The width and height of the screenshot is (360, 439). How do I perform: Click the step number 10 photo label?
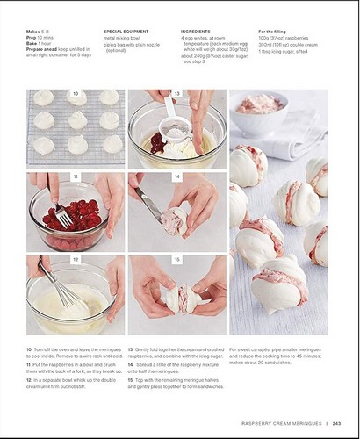pos(76,94)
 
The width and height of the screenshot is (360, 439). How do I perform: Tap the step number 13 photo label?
pos(176,94)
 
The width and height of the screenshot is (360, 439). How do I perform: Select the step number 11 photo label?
pos(76,176)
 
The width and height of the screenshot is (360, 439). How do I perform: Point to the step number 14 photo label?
pos(176,176)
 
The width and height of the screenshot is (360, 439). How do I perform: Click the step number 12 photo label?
pos(76,260)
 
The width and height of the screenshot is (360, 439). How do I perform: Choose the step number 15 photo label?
pos(176,260)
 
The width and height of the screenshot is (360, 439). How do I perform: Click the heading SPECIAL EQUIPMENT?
pos(126,31)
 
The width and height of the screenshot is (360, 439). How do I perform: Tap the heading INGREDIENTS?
pos(197,31)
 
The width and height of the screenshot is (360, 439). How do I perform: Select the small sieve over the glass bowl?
pos(176,130)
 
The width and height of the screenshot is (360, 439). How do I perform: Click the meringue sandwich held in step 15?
pos(183,300)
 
